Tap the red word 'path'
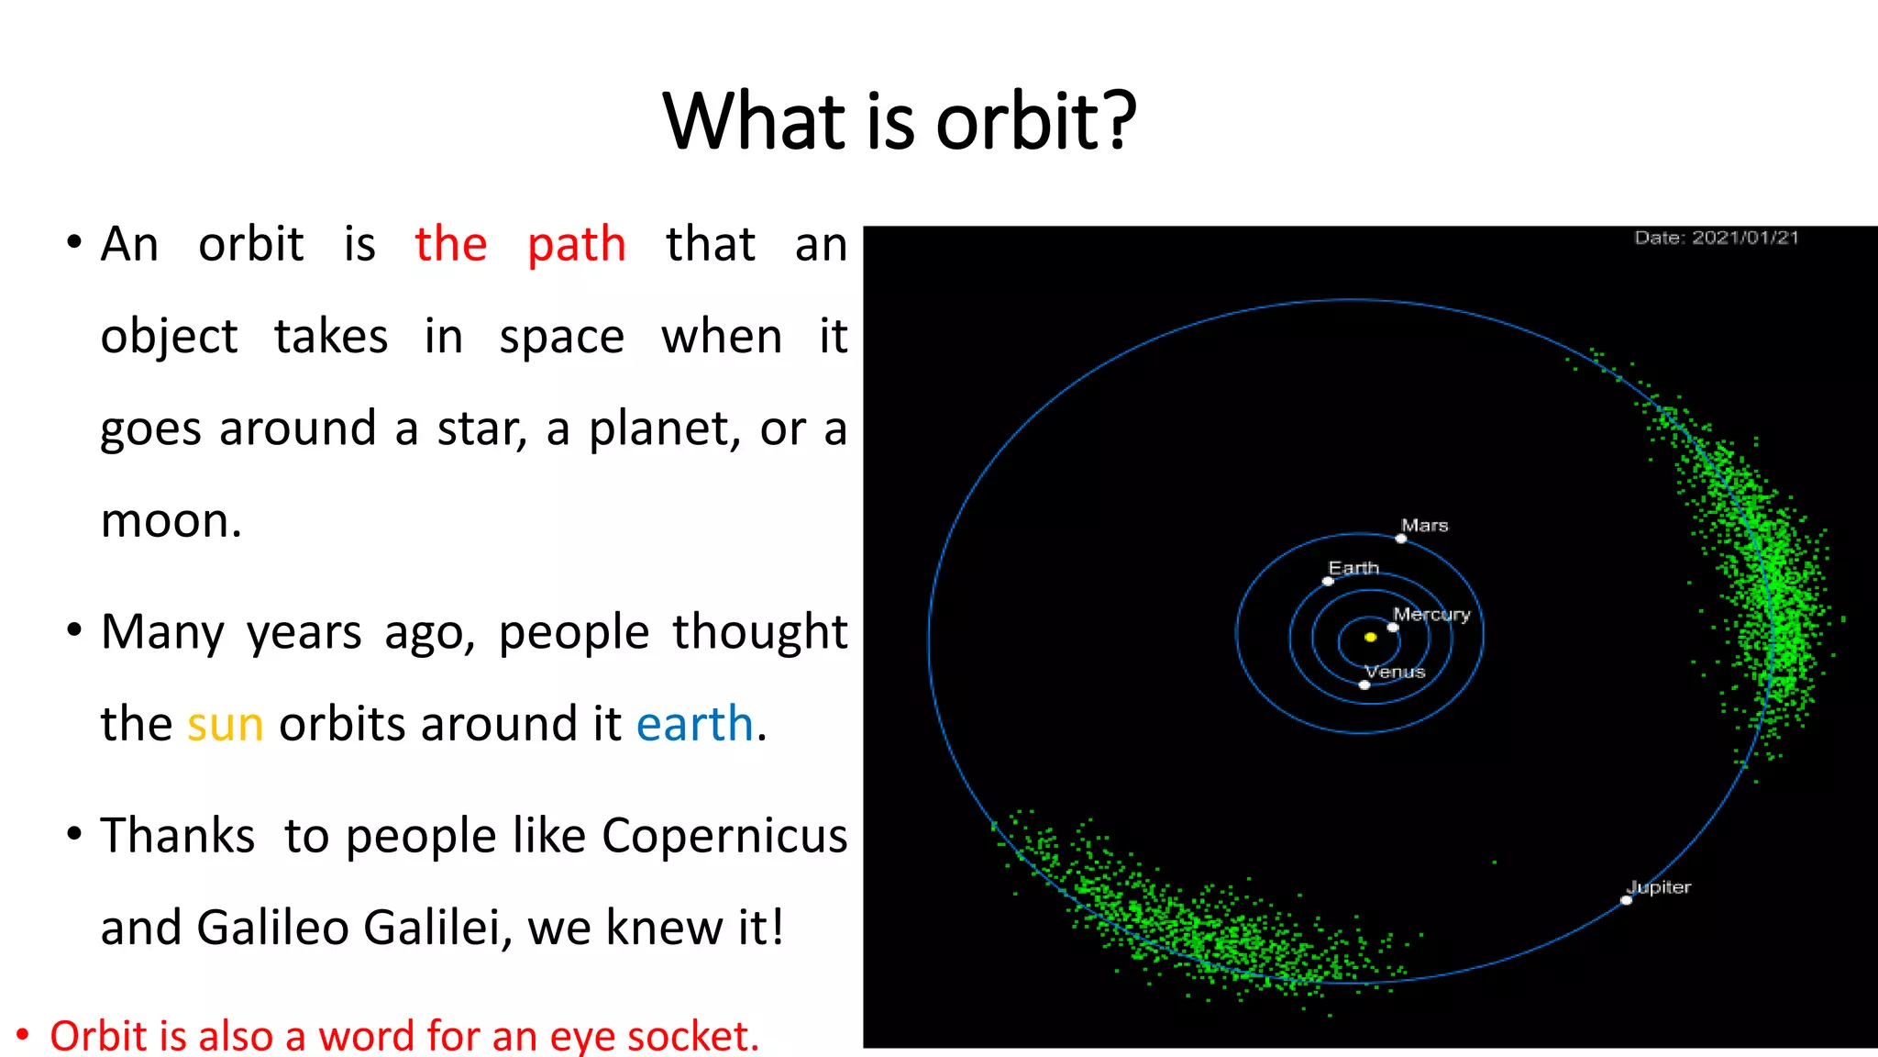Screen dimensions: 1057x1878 tap(576, 246)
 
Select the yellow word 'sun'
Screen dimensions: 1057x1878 tap(225, 725)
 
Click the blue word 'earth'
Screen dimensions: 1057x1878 tap(694, 724)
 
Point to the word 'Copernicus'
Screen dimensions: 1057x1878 tap(724, 836)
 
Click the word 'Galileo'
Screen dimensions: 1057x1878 tap(272, 928)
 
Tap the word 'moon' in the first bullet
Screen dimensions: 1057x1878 tap(165, 521)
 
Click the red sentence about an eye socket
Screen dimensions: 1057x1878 tap(403, 1036)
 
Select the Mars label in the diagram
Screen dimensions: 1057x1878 tap(1424, 526)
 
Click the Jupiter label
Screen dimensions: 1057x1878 tap(1659, 887)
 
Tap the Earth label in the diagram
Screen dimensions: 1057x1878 tap(1353, 568)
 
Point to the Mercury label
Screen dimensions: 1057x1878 tap(1431, 615)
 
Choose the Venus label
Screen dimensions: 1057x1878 tap(1395, 672)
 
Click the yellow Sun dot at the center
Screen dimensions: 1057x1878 tap(1370, 637)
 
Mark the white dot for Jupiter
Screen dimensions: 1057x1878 tap(1626, 900)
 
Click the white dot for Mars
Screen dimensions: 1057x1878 tap(1400, 539)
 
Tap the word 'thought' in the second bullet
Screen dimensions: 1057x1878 tap(759, 632)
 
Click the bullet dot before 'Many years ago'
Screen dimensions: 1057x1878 tap(74, 630)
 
